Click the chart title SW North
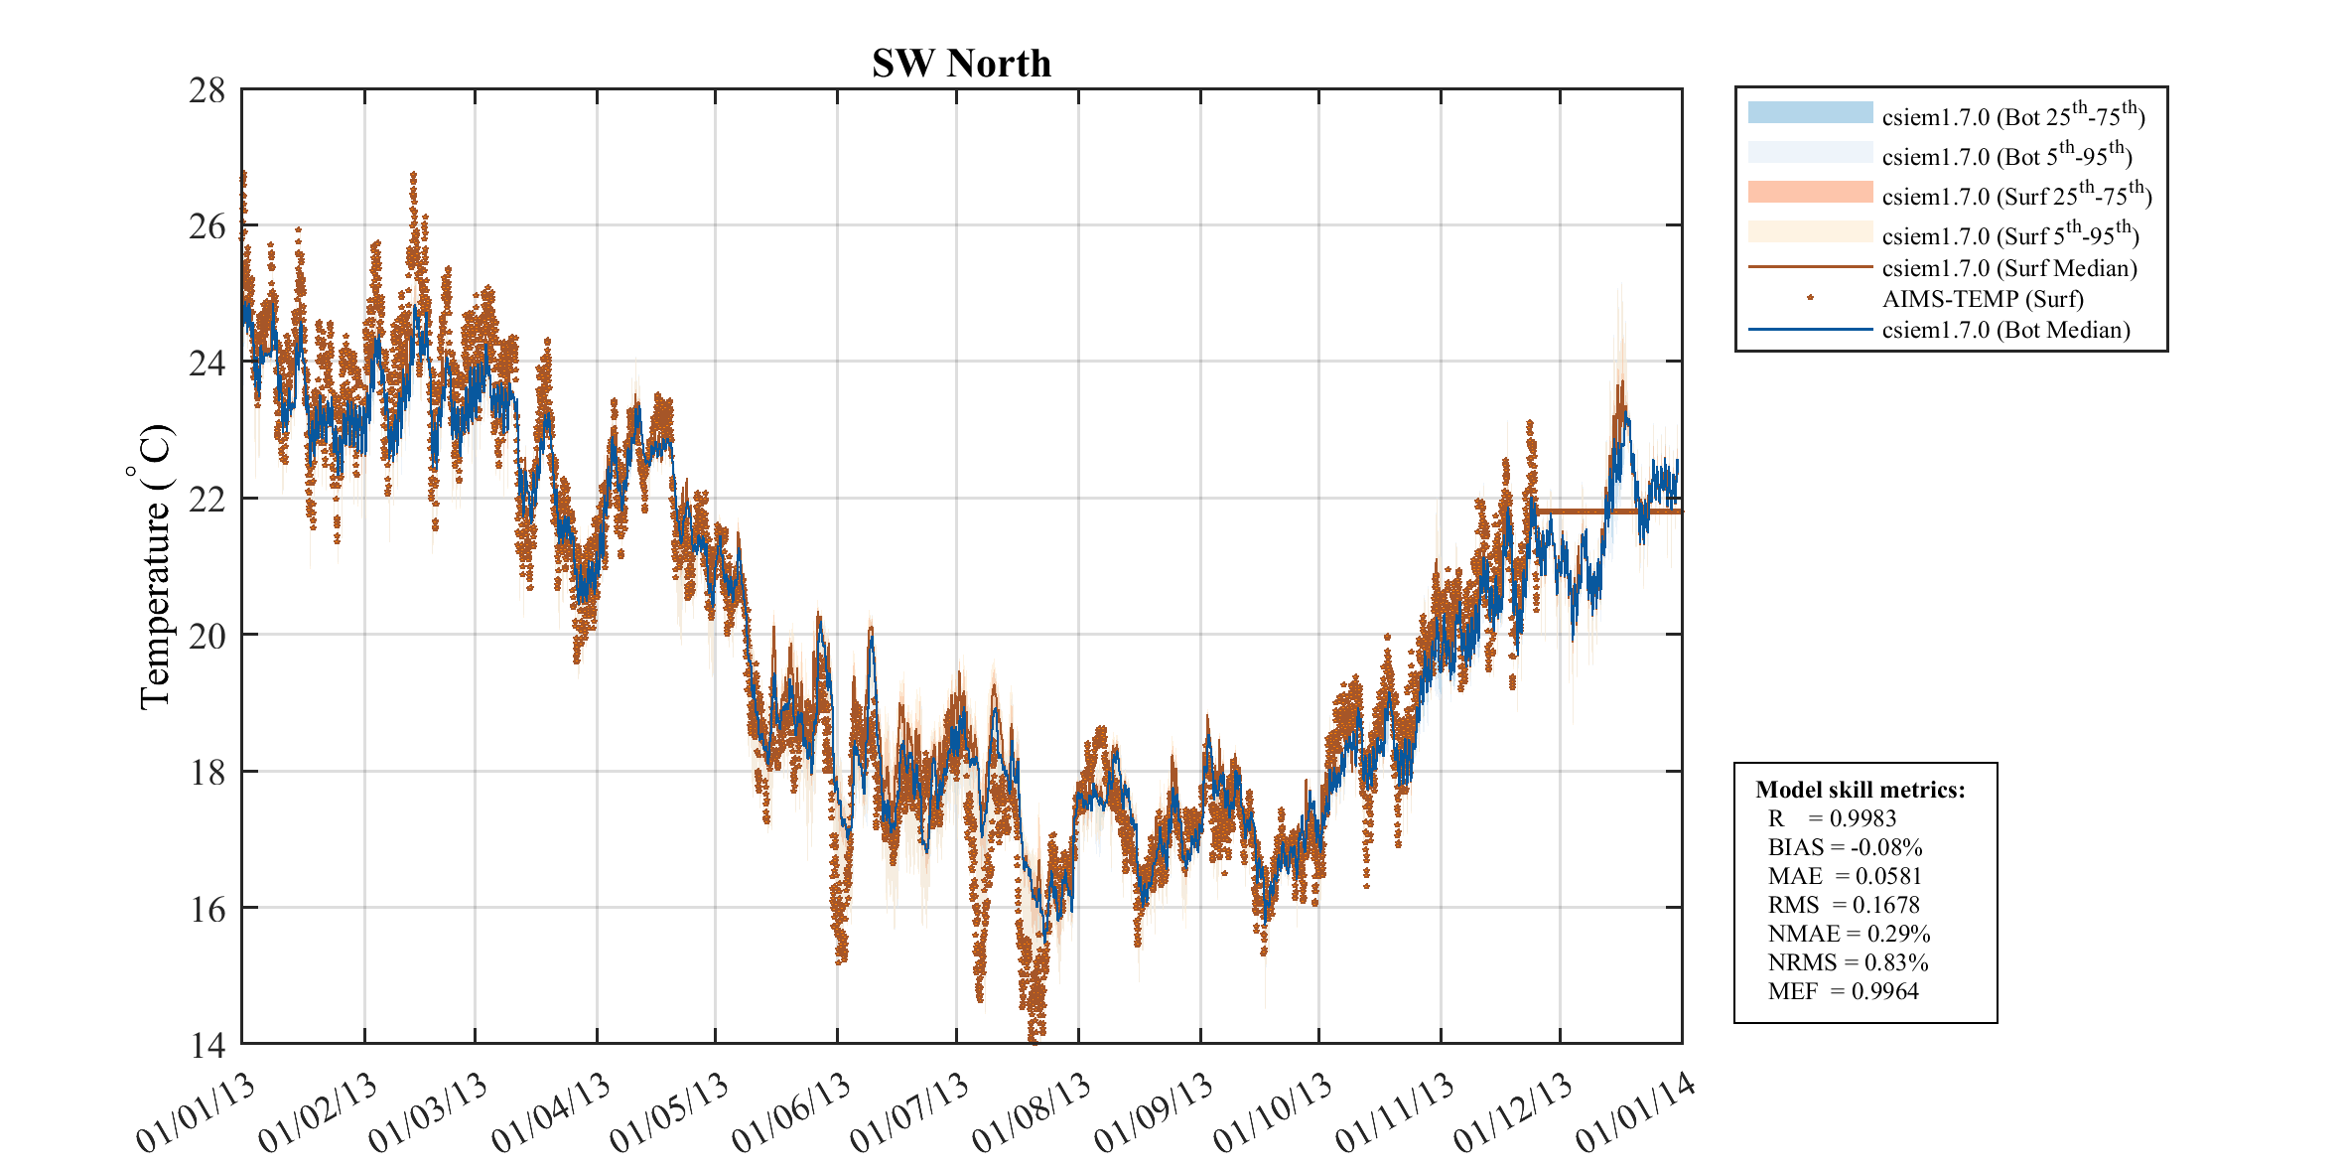[x=961, y=64]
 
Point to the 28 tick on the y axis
[x=207, y=90]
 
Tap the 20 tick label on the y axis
[x=207, y=636]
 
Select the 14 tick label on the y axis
[x=207, y=1045]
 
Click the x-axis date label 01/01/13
[x=196, y=1113]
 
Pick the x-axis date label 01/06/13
[x=791, y=1113]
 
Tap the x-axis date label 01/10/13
[x=1273, y=1113]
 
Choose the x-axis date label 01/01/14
[x=1635, y=1113]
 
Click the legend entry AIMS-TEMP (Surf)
[x=1982, y=299]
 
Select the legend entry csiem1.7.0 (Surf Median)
[x=2008, y=268]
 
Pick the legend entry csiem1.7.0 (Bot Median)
[x=2005, y=330]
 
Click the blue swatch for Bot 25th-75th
[x=1810, y=112]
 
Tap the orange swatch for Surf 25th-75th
[x=1810, y=192]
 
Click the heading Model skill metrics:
[x=1860, y=790]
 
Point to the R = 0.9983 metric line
[x=1832, y=818]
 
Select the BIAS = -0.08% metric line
[x=1845, y=847]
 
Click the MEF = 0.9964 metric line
[x=1843, y=991]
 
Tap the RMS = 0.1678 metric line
[x=1844, y=905]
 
